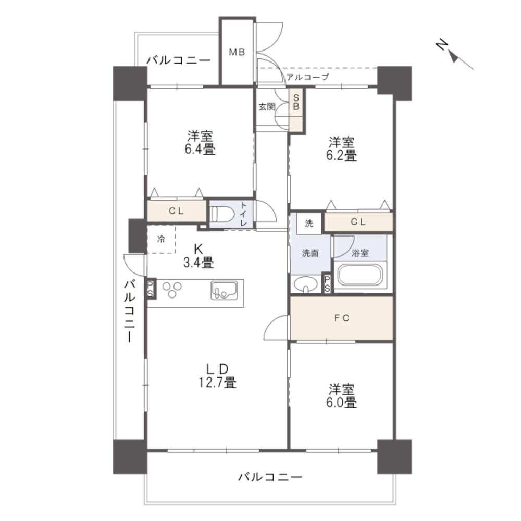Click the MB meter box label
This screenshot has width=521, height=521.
pyautogui.click(x=237, y=52)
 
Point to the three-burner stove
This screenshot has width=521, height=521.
pyautogui.click(x=173, y=289)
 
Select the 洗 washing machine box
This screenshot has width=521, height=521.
pyautogui.click(x=309, y=224)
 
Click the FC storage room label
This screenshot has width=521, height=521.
pyautogui.click(x=341, y=318)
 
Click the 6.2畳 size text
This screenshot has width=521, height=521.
pyautogui.click(x=342, y=155)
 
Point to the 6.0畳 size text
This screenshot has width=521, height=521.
pyautogui.click(x=342, y=403)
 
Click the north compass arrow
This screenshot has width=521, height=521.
pyautogui.click(x=454, y=55)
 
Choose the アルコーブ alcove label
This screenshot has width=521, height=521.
pyautogui.click(x=307, y=77)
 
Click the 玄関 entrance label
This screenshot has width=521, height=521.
pyautogui.click(x=267, y=107)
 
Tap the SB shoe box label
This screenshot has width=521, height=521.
pyautogui.click(x=295, y=101)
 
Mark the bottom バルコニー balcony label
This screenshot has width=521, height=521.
pyautogui.click(x=270, y=476)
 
